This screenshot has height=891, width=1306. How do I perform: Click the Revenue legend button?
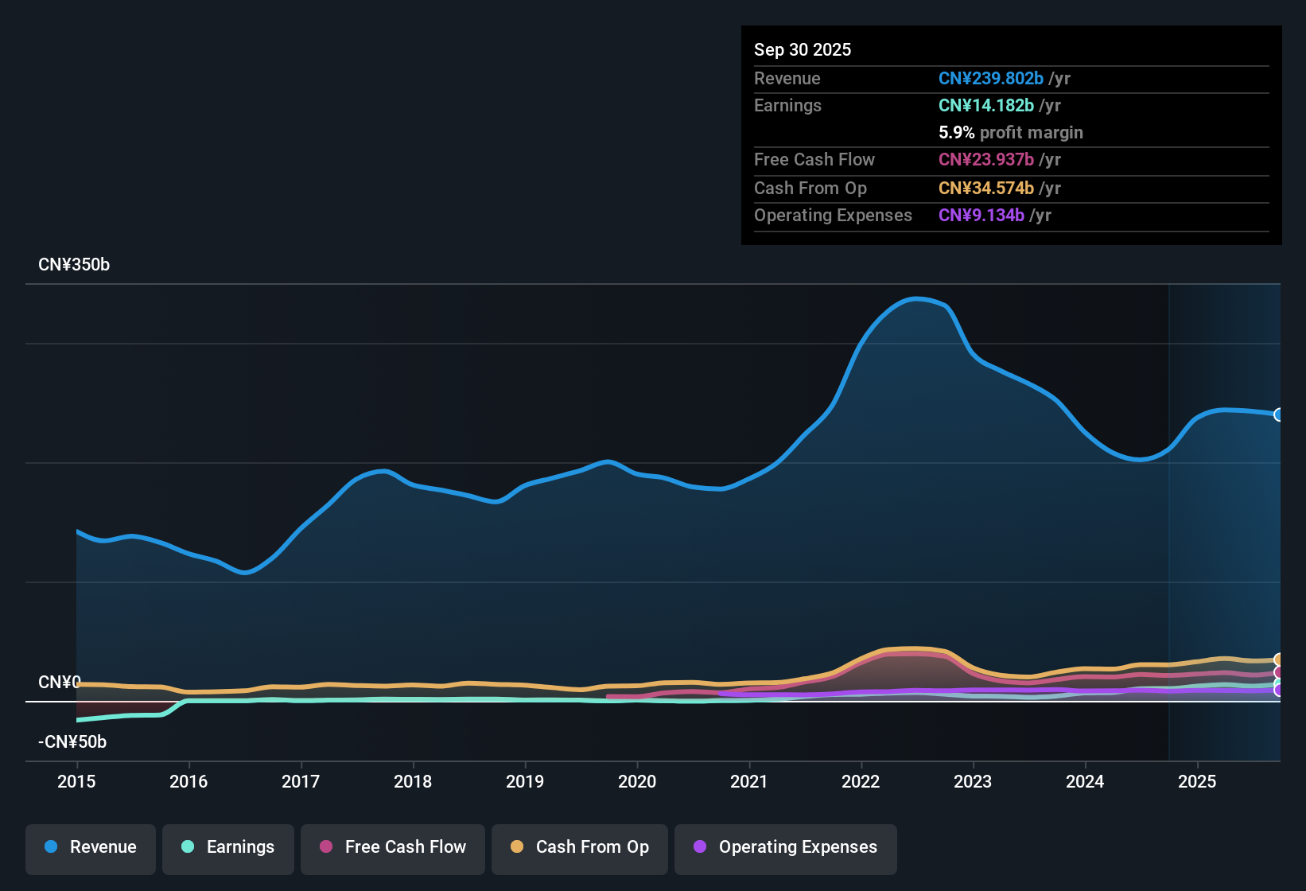[x=91, y=848]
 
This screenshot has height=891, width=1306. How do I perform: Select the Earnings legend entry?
[x=228, y=848]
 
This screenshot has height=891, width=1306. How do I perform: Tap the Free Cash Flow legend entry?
[x=393, y=848]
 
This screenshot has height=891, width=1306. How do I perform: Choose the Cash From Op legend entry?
[x=580, y=848]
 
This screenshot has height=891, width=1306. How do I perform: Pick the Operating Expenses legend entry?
[x=786, y=848]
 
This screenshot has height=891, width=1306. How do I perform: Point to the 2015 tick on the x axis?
[x=76, y=782]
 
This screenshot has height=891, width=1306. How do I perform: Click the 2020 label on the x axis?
[x=637, y=782]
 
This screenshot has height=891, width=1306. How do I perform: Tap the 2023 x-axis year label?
[x=973, y=782]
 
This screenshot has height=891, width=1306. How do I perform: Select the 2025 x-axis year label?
[x=1197, y=782]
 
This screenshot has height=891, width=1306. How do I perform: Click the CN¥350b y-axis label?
[x=74, y=265]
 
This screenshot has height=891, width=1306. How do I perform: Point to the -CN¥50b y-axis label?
[x=72, y=742]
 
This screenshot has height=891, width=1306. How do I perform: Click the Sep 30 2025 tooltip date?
[x=803, y=50]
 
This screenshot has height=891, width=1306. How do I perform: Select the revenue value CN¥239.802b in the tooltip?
[x=990, y=79]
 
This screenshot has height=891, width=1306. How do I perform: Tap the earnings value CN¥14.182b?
[x=985, y=106]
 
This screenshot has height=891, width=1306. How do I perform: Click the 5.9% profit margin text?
[x=1010, y=133]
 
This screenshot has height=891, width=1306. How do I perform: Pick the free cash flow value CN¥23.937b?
[x=985, y=160]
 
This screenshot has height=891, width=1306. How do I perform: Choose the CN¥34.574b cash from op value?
[x=985, y=189]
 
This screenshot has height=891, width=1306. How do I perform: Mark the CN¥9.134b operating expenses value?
[x=981, y=216]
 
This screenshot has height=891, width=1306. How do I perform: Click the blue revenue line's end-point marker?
[x=1278, y=414]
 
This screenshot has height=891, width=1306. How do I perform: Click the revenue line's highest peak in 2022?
[x=916, y=299]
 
